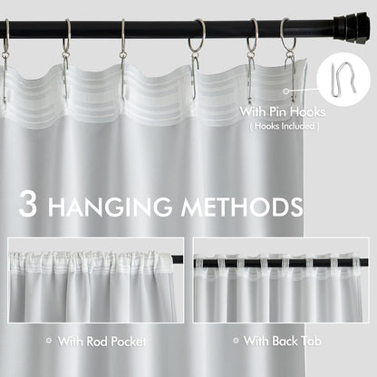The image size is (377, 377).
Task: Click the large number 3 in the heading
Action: [x=27, y=206]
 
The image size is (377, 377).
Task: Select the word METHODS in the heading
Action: [x=240, y=207]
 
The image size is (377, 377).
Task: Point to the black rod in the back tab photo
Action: [x=281, y=261]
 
